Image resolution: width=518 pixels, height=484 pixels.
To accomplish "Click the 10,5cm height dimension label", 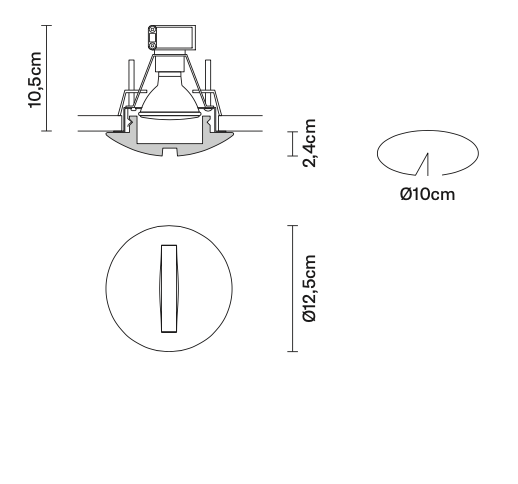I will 37,76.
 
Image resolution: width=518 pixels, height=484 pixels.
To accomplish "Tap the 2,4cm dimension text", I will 310,144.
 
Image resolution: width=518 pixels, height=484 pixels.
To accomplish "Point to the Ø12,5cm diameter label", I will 310,288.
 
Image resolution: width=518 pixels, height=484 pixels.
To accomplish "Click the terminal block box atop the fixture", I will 169,38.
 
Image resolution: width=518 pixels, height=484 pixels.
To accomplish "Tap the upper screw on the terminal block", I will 152,32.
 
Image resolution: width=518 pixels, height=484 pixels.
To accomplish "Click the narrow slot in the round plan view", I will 166,288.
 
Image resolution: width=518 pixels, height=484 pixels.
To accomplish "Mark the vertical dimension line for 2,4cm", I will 292,144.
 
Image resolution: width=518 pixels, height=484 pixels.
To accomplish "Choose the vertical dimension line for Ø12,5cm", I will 292,288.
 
